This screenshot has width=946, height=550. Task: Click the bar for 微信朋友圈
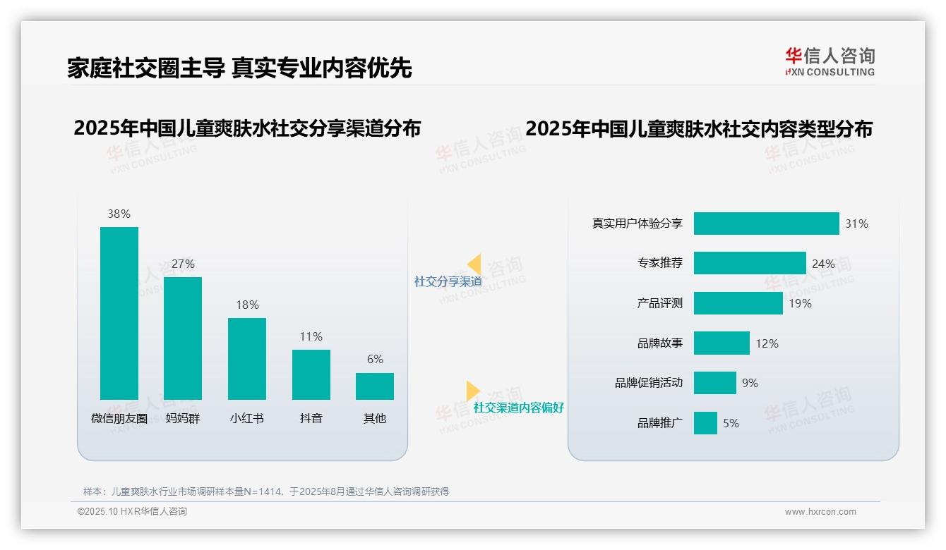click(119, 313)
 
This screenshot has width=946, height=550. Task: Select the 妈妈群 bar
click(183, 338)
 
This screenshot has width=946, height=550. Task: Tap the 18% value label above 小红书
click(247, 305)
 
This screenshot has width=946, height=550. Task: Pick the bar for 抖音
click(311, 374)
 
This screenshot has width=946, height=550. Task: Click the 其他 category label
click(375, 418)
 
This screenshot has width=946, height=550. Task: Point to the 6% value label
click(375, 359)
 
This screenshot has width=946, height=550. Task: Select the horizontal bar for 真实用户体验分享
click(766, 224)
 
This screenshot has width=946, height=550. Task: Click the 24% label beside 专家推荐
click(823, 264)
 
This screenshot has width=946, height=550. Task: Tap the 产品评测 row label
click(659, 303)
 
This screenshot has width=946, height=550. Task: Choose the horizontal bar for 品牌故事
click(722, 343)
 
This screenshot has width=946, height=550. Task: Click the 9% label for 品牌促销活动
click(750, 383)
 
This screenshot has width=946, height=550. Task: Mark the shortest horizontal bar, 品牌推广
click(705, 423)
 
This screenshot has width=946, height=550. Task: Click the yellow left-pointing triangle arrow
click(474, 264)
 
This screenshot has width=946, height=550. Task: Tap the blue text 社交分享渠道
click(448, 281)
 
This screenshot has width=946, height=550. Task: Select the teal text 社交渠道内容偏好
click(518, 408)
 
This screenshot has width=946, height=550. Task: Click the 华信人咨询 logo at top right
click(830, 61)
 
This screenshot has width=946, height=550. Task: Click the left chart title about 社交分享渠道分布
click(247, 128)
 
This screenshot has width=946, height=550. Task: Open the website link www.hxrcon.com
click(820, 512)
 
